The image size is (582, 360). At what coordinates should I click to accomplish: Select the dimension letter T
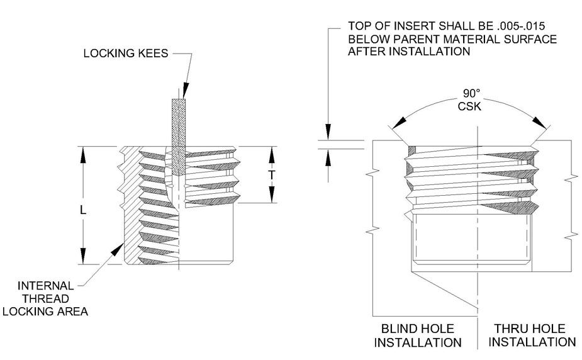click(272, 176)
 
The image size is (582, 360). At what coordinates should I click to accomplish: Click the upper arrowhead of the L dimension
click(82, 151)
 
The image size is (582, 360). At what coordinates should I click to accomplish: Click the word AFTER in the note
click(364, 53)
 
